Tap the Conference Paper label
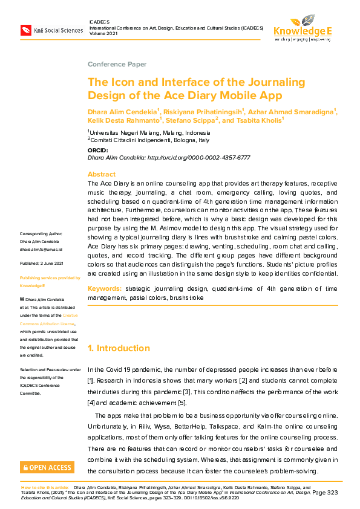117,64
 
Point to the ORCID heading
98,150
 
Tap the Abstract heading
102,174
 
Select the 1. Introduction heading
119,348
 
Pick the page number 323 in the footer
332,493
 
